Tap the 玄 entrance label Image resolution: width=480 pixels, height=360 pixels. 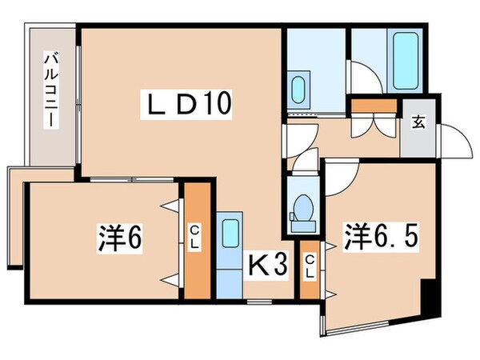pyautogui.click(x=418, y=122)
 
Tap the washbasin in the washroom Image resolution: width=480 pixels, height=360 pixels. pyautogui.click(x=301, y=86)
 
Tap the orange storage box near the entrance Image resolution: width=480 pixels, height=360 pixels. pyautogui.click(x=373, y=105)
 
